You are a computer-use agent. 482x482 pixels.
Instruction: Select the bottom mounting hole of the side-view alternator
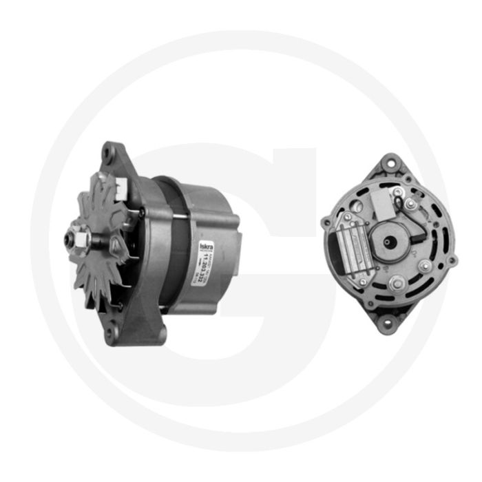coord(108,335)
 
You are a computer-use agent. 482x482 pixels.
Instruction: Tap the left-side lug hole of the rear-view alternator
coord(325,222)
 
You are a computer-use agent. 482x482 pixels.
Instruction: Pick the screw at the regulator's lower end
coord(360,282)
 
